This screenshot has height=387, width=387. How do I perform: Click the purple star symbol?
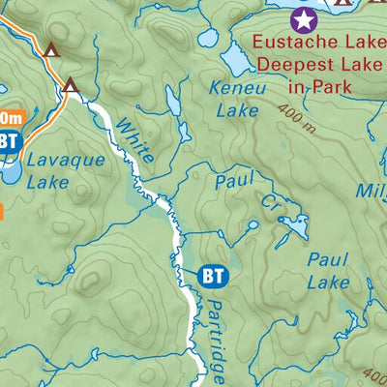pyautogui.click(x=303, y=17)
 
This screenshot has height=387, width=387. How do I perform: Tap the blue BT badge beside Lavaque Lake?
pyautogui.click(x=8, y=141)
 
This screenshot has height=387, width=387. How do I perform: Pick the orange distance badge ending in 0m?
pyautogui.click(x=10, y=117)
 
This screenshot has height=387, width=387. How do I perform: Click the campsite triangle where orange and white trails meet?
pyautogui.click(x=70, y=86)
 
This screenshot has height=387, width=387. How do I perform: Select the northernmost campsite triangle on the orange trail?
pyautogui.click(x=51, y=47)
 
